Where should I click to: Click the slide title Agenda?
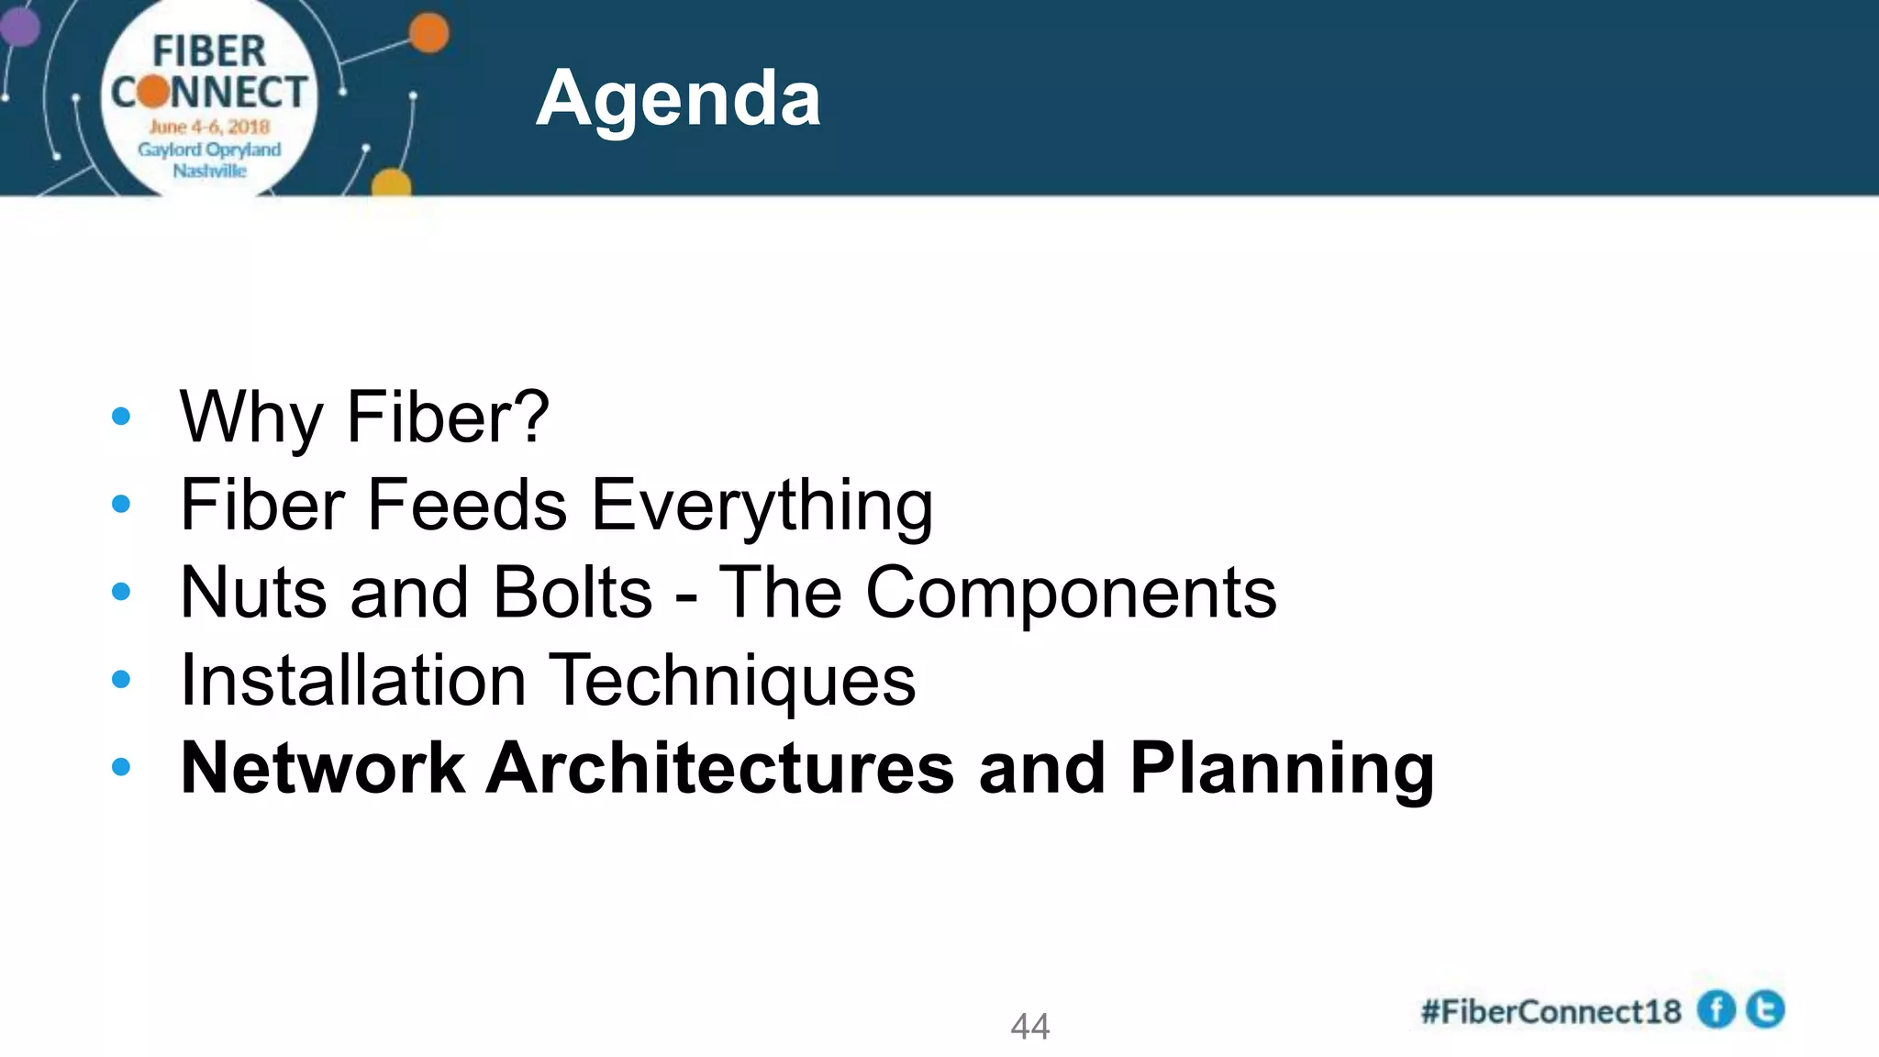pyautogui.click(x=678, y=98)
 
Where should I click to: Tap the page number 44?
pyautogui.click(x=1029, y=1026)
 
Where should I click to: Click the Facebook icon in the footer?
pyautogui.click(x=1716, y=1010)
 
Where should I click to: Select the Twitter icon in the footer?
pyautogui.click(x=1765, y=1009)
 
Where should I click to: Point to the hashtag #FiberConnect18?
pyautogui.click(x=1551, y=1012)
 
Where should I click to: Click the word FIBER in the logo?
pyautogui.click(x=209, y=52)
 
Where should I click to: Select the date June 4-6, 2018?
pyautogui.click(x=209, y=127)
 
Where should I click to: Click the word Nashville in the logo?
pyautogui.click(x=209, y=171)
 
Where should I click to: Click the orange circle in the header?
pyautogui.click(x=428, y=35)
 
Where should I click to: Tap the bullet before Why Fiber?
pyautogui.click(x=120, y=417)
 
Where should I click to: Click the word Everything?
pyautogui.click(x=762, y=506)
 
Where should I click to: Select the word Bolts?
pyautogui.click(x=572, y=593)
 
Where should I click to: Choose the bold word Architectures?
pyautogui.click(x=719, y=768)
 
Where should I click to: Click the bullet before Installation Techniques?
pyautogui.click(x=120, y=680)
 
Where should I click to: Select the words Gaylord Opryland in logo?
pyautogui.click(x=209, y=150)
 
